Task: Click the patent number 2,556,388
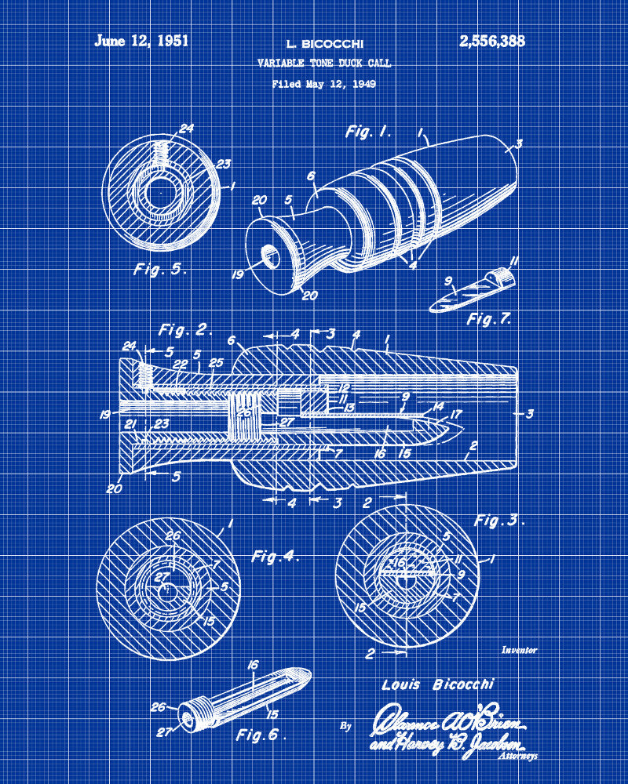[492, 42]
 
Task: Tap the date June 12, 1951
[142, 41]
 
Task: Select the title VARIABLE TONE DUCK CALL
[323, 64]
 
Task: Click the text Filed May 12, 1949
[323, 83]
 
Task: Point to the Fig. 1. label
[368, 131]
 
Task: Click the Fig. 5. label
[159, 269]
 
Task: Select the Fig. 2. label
[185, 329]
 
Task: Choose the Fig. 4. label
[276, 557]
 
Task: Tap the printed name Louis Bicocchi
[438, 684]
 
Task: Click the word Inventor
[519, 650]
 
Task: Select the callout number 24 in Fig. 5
[186, 129]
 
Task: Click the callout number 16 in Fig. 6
[253, 664]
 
